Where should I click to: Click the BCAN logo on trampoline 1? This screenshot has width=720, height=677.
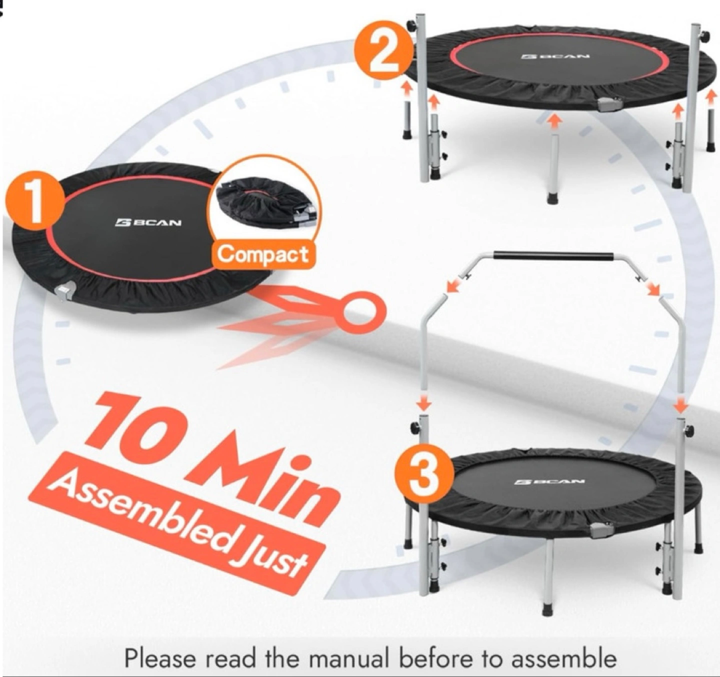(x=148, y=222)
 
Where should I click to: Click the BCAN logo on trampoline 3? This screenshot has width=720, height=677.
(x=549, y=482)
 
